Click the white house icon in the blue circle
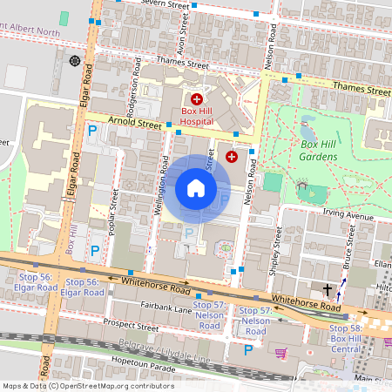(x=196, y=188)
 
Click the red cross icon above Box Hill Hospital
(x=197, y=100)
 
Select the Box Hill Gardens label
(x=318, y=150)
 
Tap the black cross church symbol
(x=328, y=289)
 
